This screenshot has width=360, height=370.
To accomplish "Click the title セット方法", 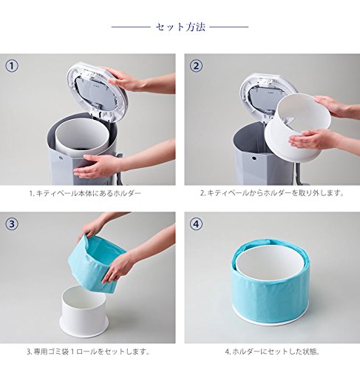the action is [x=180, y=27].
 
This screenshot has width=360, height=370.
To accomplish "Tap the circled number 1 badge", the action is [x=12, y=66].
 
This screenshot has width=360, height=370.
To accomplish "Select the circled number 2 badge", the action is [x=196, y=66].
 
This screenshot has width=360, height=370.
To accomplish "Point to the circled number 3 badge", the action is [x=12, y=224].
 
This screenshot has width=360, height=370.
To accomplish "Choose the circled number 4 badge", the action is [x=196, y=224].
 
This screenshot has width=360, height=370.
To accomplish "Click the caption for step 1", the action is [x=85, y=193].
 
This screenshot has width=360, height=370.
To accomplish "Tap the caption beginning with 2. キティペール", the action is [x=272, y=193].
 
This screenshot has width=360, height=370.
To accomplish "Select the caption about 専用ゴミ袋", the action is [x=88, y=351].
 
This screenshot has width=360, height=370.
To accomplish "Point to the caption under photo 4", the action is [x=272, y=351].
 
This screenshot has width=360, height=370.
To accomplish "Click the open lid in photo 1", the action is [x=98, y=94].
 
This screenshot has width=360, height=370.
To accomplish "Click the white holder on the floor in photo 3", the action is [x=84, y=312].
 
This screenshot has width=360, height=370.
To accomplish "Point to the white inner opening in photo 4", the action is [x=270, y=264].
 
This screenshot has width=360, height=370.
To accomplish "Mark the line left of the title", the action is [x=131, y=27].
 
